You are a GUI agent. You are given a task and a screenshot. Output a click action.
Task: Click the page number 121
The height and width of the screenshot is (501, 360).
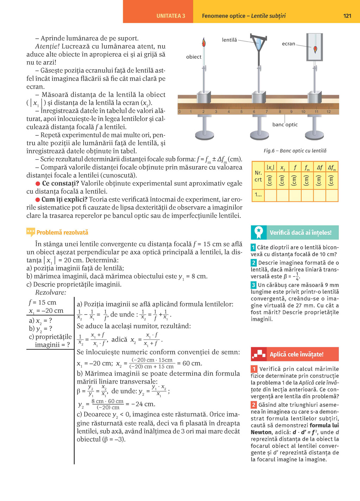point(347,16)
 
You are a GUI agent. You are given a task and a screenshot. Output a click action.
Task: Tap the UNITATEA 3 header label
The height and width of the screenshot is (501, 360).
point(171,16)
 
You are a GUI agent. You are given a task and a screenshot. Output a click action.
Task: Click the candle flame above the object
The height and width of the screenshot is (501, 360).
point(204,43)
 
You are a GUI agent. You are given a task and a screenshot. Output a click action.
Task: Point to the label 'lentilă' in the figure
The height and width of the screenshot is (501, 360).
point(229,40)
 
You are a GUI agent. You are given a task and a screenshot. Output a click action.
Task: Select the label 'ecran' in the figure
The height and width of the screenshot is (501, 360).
point(288,44)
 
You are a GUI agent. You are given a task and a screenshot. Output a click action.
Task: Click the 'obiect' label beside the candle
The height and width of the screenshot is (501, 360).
point(194,57)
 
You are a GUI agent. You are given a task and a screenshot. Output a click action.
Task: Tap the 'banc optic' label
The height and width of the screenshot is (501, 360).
point(285,125)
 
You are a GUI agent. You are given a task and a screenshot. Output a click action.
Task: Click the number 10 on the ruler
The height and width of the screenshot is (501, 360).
point(303,112)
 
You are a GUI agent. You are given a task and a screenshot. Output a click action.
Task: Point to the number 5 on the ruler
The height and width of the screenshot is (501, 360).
point(241,112)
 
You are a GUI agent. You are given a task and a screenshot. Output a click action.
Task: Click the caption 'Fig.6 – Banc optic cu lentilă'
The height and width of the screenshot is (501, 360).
point(295,151)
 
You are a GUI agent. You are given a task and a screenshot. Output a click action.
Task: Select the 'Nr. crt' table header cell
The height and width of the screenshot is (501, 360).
point(258,176)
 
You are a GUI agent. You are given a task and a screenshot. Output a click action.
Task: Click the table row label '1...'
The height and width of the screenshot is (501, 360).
point(258,195)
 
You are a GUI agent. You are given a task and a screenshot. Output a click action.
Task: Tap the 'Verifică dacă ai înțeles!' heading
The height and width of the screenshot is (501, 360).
point(300,233)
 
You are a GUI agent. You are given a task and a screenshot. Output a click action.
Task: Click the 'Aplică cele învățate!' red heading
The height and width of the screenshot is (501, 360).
point(296,354)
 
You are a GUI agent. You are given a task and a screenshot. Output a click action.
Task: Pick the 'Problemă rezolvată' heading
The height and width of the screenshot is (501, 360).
point(62,233)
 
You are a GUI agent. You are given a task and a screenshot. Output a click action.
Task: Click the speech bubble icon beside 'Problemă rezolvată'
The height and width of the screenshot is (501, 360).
point(31,232)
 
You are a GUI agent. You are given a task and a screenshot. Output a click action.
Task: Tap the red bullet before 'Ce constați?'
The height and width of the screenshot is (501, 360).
point(38,184)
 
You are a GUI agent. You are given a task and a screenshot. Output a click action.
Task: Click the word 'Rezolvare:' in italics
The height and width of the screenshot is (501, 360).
point(51,292)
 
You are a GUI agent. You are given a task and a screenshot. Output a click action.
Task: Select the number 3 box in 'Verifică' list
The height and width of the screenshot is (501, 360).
point(253,285)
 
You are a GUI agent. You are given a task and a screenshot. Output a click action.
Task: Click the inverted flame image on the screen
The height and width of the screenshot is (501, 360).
point(315,49)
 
